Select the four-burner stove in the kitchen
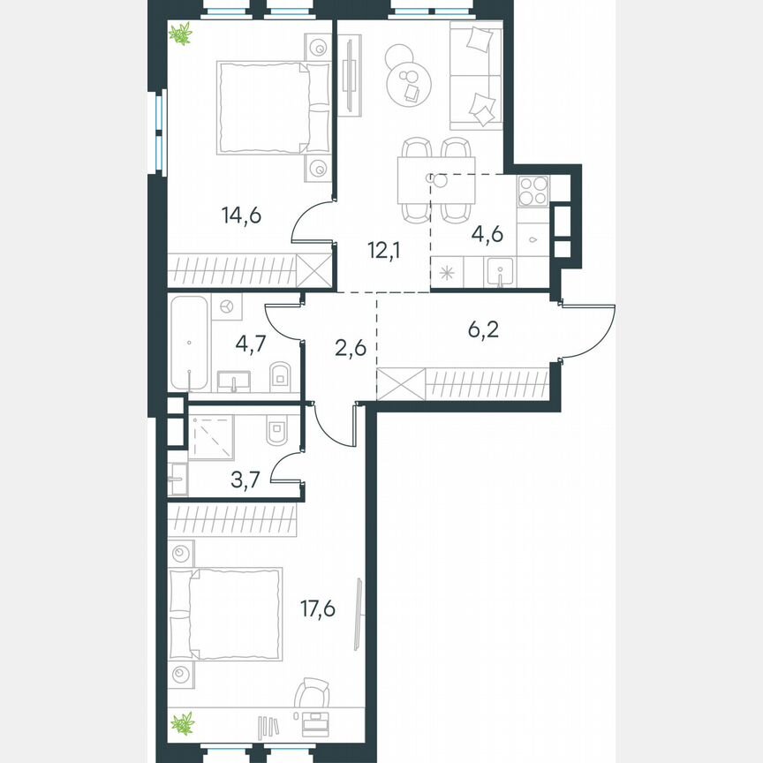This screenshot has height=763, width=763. tap(533, 191)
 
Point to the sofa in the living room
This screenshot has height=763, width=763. tap(476, 77)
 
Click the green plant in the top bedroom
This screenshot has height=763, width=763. tap(181, 35)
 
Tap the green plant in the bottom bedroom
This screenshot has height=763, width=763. tap(182, 723)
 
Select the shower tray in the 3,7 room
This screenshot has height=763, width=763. tap(211, 437)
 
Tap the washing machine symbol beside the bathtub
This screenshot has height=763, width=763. tap(226, 306)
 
